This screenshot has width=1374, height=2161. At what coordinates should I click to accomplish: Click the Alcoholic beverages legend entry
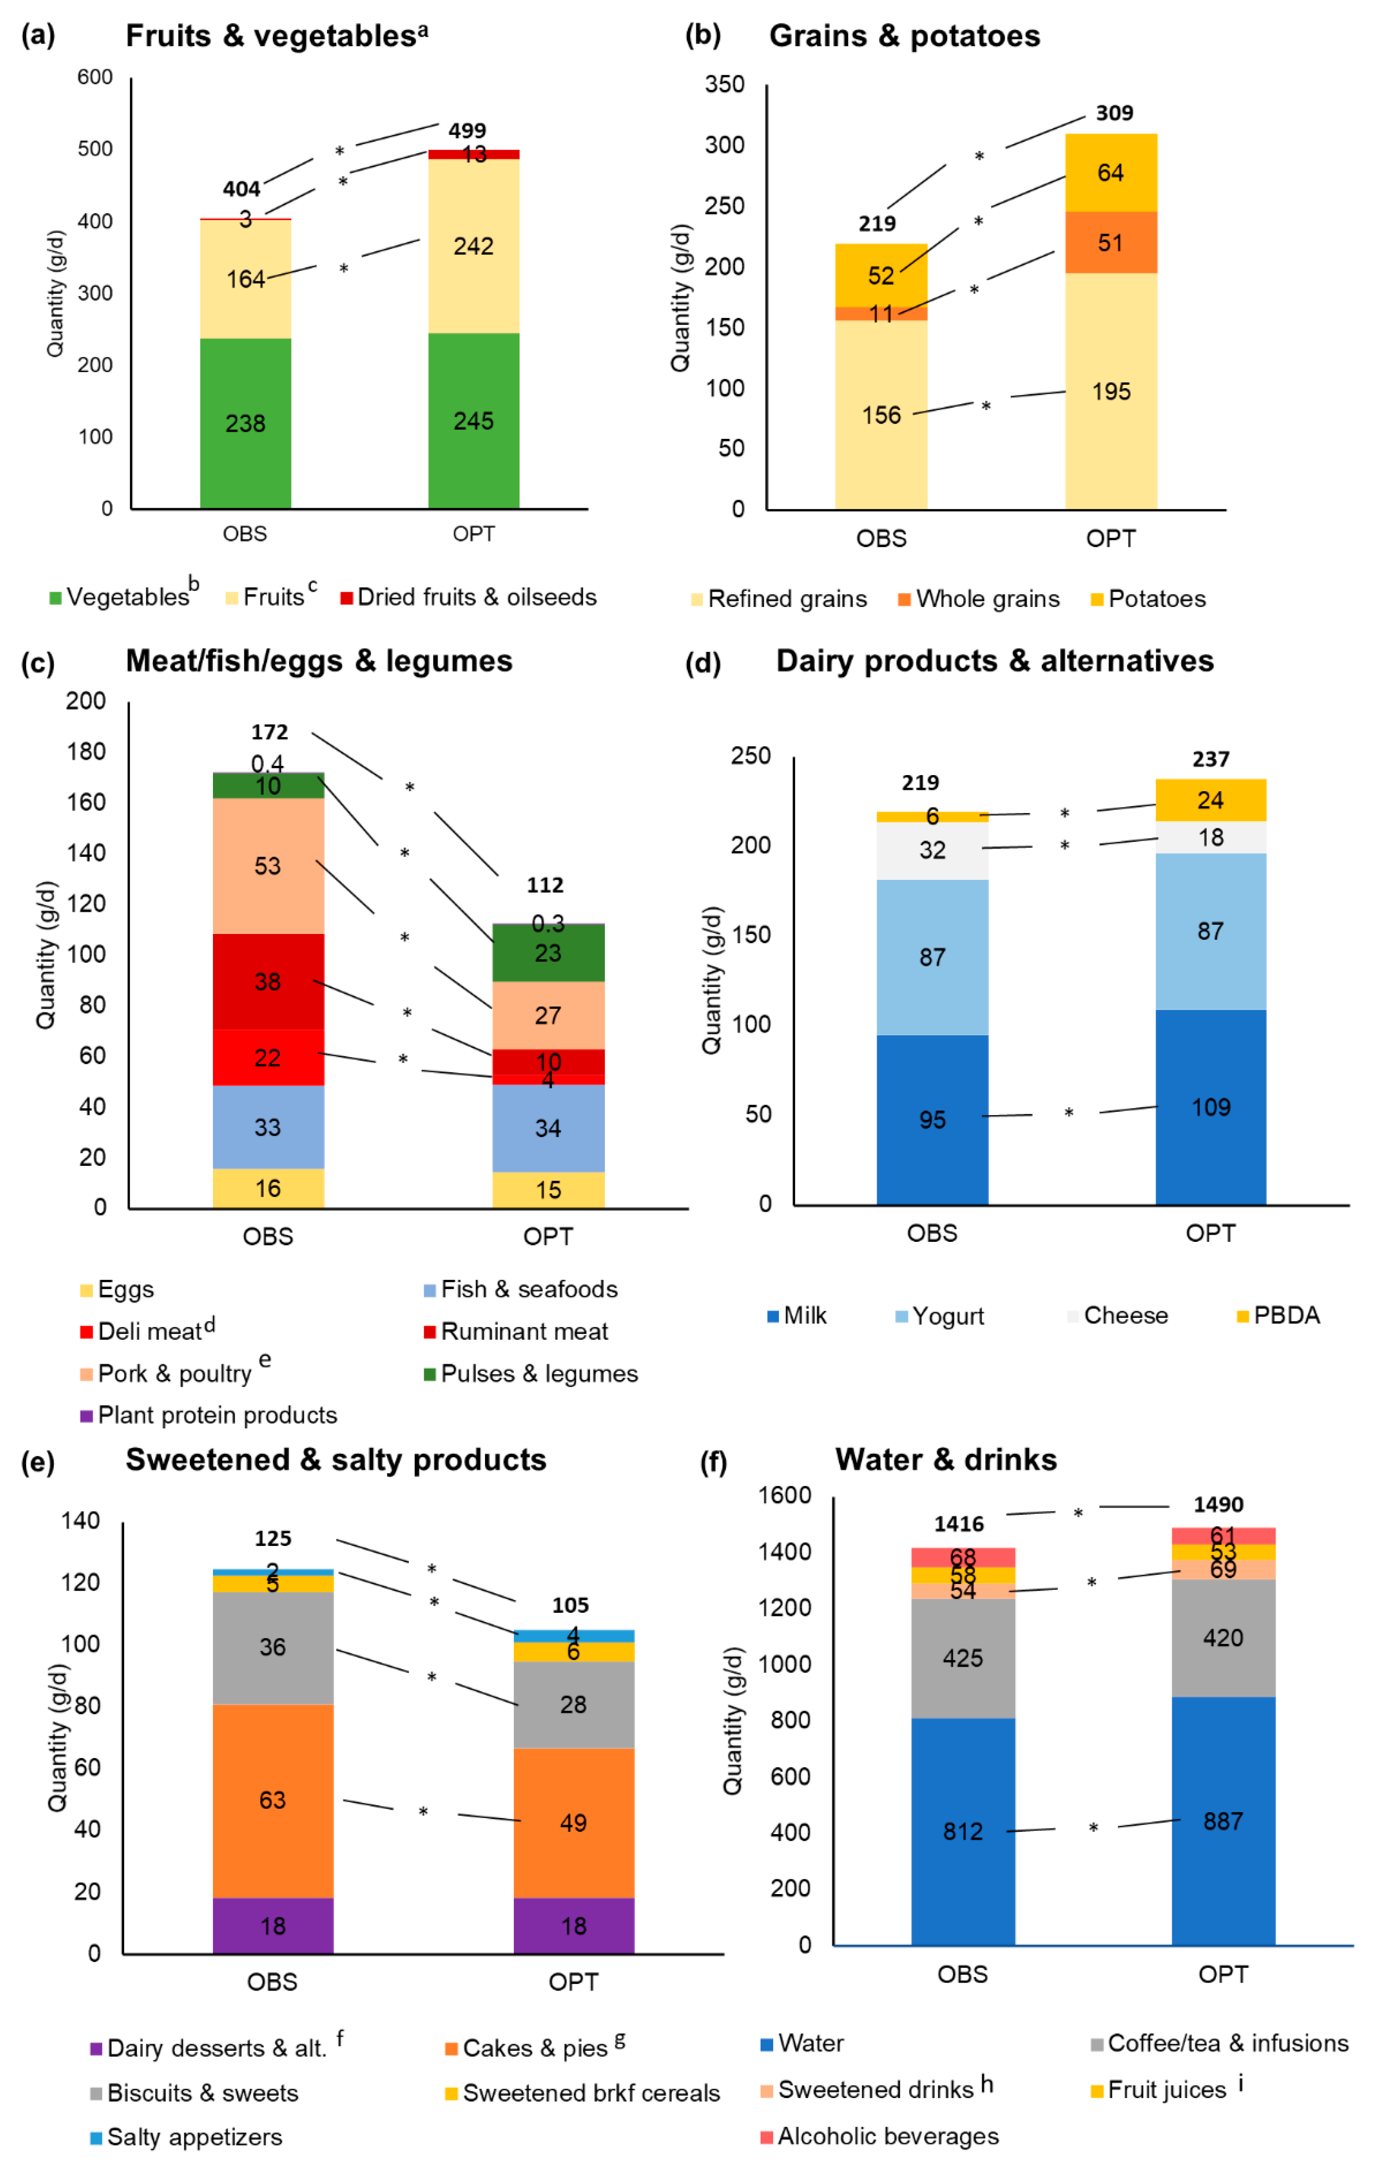[x=880, y=2136]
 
